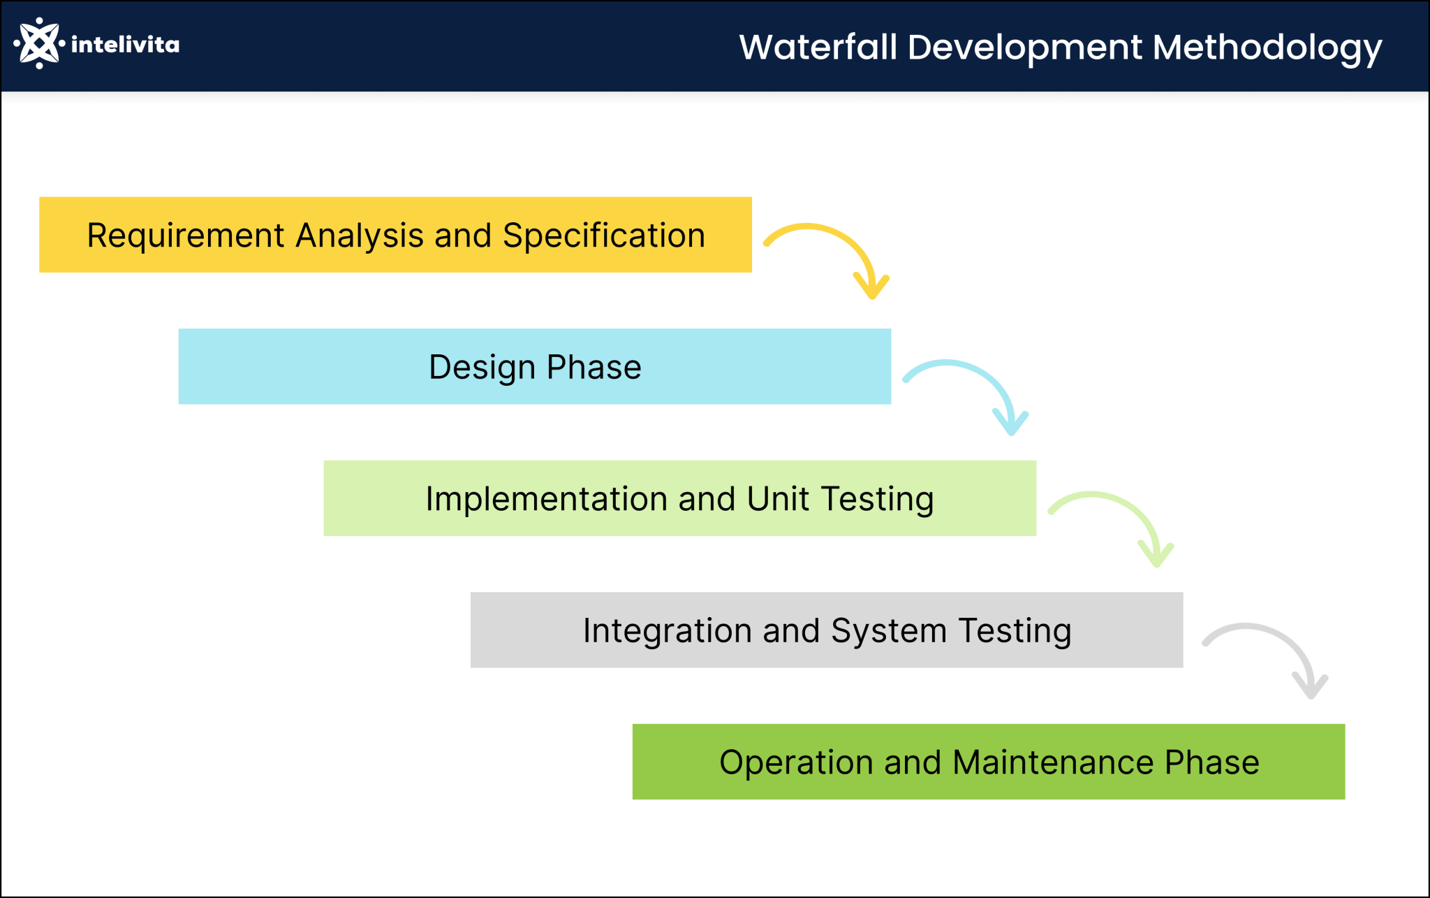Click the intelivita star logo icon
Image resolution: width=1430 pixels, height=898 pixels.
pyautogui.click(x=39, y=43)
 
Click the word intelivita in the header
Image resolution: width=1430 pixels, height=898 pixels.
pyautogui.click(x=125, y=45)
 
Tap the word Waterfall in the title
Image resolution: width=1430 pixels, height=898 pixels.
pyautogui.click(x=818, y=48)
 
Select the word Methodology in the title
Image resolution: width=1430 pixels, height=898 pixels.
pyautogui.click(x=1267, y=48)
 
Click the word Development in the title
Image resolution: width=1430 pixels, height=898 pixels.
pyautogui.click(x=1025, y=48)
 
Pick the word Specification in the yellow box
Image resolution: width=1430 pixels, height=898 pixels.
pyautogui.click(x=604, y=236)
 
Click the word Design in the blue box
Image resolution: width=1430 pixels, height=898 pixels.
pyautogui.click(x=482, y=368)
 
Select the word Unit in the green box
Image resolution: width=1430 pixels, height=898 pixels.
pyautogui.click(x=777, y=499)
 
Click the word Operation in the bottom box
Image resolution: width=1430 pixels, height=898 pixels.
pyautogui.click(x=796, y=762)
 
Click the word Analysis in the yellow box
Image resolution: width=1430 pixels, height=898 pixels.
pyautogui.click(x=359, y=236)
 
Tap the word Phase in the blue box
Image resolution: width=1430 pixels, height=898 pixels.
pyautogui.click(x=594, y=368)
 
